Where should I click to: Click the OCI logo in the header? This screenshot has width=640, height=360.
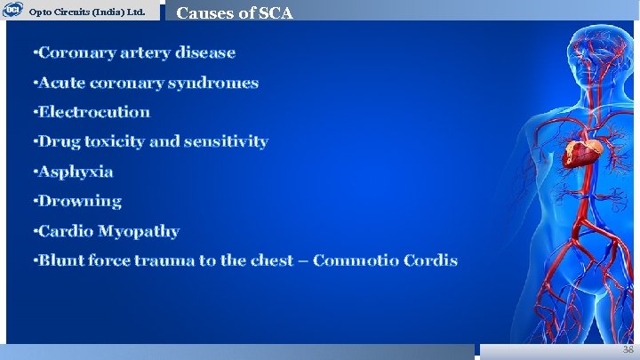(x=12, y=10)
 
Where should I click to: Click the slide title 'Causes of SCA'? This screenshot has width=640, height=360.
(x=235, y=12)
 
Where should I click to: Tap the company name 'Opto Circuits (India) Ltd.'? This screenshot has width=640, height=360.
(x=87, y=12)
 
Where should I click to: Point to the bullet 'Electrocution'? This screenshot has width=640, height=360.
(x=92, y=112)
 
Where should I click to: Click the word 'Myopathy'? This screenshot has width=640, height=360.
(x=139, y=232)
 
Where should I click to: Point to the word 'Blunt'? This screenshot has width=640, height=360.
(x=61, y=260)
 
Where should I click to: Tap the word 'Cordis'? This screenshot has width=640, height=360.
(x=430, y=260)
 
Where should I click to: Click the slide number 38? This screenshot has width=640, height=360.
(x=628, y=351)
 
